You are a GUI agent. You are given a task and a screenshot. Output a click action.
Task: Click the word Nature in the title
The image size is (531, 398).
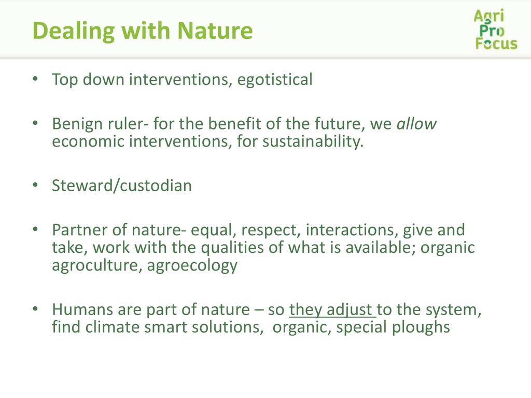[x=215, y=31]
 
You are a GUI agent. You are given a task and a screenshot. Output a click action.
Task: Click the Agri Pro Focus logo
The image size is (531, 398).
[x=495, y=30]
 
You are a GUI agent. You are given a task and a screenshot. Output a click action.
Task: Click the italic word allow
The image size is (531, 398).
[x=416, y=123]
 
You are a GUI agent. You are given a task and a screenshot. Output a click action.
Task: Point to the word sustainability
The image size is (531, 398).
[x=313, y=141]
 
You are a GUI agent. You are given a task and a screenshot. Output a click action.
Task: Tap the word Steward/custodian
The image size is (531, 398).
[x=122, y=186]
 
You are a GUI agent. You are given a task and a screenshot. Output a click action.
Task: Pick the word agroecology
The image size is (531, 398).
[x=192, y=266]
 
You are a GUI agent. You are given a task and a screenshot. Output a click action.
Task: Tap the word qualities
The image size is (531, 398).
[x=232, y=248]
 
